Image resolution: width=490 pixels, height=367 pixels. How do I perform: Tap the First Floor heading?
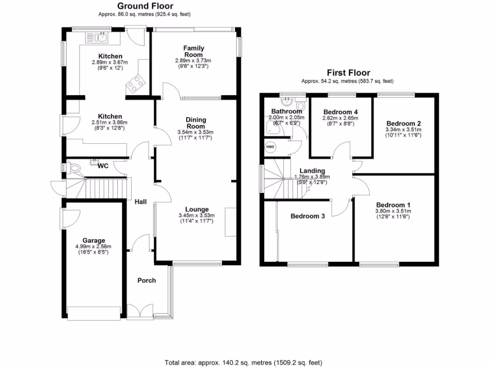click(347, 74)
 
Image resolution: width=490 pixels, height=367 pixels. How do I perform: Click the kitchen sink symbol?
click(98, 37)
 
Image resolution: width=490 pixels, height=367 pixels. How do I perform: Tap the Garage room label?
click(94, 240)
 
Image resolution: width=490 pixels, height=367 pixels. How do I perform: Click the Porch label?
click(146, 280)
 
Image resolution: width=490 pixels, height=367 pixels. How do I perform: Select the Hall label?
click(140, 202)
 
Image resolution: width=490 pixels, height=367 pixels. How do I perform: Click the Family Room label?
click(194, 51)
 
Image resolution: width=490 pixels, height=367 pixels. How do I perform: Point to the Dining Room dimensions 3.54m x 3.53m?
click(196, 132)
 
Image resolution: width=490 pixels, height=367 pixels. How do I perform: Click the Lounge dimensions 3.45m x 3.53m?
click(197, 216)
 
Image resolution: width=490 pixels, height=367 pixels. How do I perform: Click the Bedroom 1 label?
click(393, 203)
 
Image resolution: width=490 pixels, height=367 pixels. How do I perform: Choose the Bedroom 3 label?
click(308, 216)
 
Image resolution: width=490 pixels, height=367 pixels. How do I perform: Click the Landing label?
click(312, 171)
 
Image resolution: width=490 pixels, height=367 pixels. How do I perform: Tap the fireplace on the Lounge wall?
click(231, 222)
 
